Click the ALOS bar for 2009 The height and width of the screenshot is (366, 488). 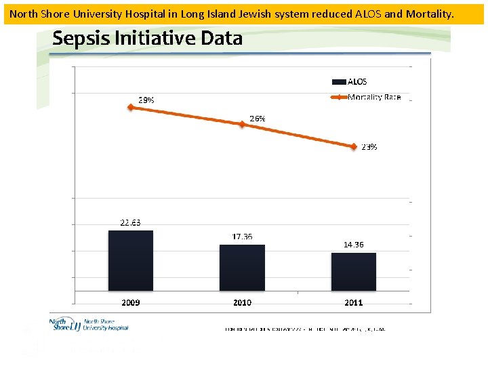point(130,261)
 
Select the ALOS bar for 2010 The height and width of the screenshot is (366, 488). point(242,268)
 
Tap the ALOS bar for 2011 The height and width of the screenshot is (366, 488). point(353,272)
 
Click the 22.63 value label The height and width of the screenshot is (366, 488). point(130,222)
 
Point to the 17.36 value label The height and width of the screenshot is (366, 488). point(242,237)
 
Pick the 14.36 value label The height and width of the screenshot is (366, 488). point(353,245)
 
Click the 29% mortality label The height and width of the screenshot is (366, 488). point(146,100)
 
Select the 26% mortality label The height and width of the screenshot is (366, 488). point(258,118)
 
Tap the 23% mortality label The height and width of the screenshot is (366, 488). point(369,146)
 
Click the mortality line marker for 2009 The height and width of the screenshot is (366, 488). point(130,107)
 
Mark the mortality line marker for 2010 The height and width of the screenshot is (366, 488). point(242,124)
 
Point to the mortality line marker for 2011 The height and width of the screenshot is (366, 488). point(353,146)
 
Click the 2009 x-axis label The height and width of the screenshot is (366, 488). point(130,302)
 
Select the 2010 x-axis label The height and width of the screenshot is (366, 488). point(242,302)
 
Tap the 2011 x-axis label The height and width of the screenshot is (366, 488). point(353,302)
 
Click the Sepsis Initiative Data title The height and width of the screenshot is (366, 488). point(147,39)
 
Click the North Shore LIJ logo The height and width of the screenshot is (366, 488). point(89,325)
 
